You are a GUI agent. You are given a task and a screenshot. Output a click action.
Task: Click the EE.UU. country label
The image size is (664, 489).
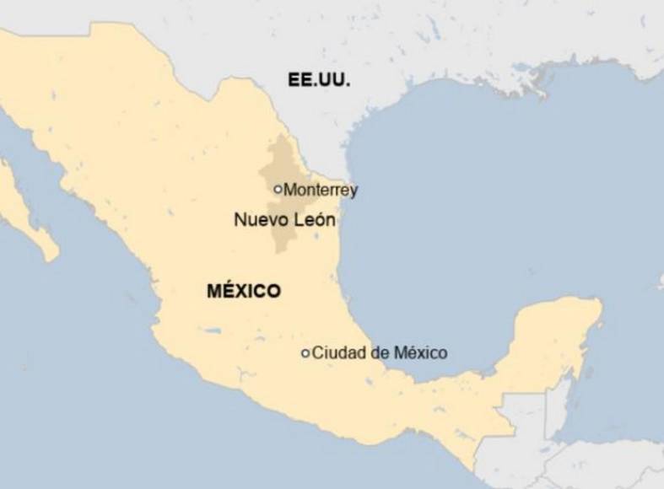(318, 81)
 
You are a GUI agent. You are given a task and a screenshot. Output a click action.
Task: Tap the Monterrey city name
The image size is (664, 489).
(321, 191)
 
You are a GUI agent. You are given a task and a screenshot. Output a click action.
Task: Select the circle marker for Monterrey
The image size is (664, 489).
(278, 190)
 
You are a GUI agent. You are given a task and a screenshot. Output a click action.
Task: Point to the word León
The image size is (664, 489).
(313, 221)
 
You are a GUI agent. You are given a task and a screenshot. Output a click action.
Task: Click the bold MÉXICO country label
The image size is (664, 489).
(244, 292)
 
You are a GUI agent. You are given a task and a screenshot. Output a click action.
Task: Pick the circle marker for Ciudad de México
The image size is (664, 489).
(305, 353)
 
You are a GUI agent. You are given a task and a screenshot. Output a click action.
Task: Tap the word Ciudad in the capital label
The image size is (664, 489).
(334, 353)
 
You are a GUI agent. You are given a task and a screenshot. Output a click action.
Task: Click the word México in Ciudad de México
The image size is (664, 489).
(418, 353)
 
